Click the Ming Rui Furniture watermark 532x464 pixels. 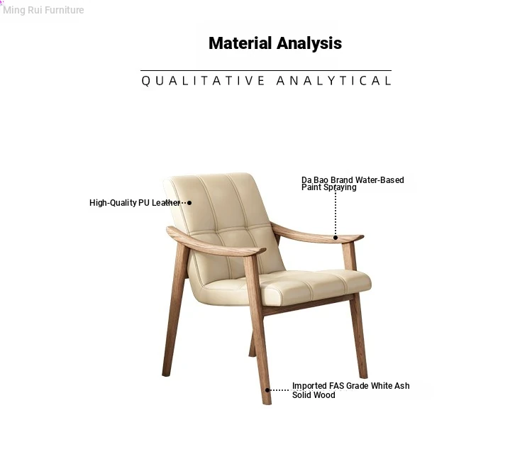coord(43,10)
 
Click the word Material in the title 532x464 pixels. coord(240,43)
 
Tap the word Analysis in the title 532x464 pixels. coord(309,43)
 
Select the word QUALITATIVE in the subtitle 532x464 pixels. coord(203,81)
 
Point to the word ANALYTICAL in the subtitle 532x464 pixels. coord(334,81)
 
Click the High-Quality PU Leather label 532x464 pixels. coord(135,203)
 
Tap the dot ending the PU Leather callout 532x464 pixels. coord(189,203)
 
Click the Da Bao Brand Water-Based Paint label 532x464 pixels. coord(353,183)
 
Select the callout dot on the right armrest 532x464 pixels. coord(336,238)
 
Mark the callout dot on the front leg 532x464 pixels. coord(267,390)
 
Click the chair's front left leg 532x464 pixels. coord(258,329)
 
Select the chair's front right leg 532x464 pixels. coord(359,336)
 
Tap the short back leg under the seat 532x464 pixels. coord(252,345)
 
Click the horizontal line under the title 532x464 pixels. coord(266,71)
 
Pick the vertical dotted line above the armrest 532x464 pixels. coord(336,212)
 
